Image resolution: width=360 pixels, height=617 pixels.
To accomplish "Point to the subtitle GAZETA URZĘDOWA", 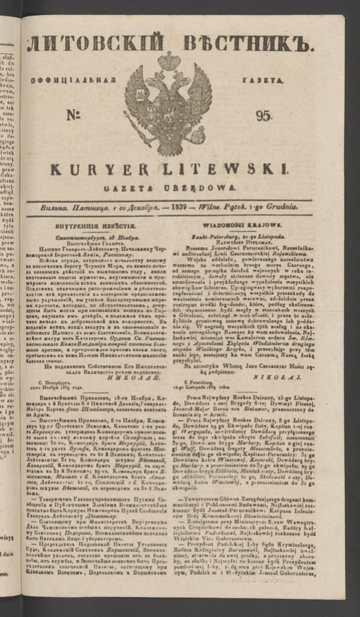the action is (169, 186).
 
